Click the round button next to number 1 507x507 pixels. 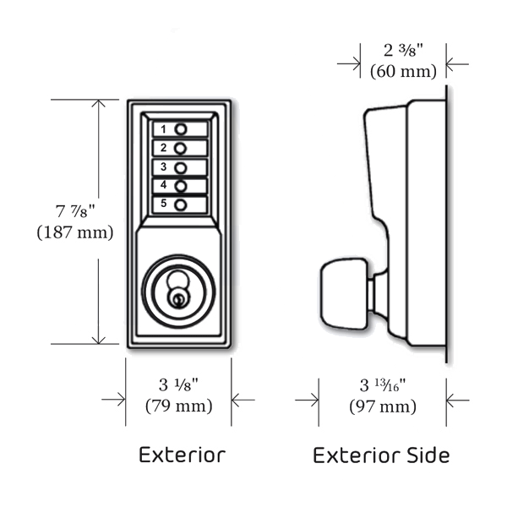(180, 129)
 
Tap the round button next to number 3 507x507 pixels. (180, 166)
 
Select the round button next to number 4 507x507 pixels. (180, 185)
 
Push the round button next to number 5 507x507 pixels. (180, 204)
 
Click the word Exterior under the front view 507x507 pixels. (182, 455)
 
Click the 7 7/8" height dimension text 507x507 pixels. (74, 210)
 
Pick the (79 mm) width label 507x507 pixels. (178, 406)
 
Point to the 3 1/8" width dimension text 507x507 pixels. (178, 385)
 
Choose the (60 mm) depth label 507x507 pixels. (403, 71)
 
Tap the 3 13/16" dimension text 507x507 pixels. (383, 386)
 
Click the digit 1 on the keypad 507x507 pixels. (163, 129)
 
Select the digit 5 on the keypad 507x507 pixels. (163, 204)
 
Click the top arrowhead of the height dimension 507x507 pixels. (99, 104)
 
